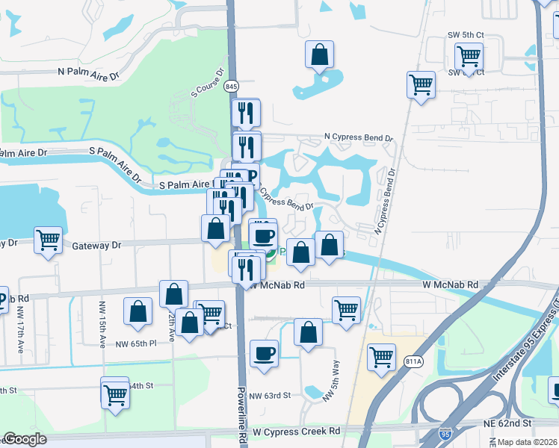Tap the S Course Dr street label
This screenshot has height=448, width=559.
[209, 84]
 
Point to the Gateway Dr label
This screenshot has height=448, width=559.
[96, 245]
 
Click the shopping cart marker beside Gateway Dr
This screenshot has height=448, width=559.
[49, 240]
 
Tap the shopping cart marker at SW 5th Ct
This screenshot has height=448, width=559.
[469, 56]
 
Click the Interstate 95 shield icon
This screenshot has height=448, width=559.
[446, 434]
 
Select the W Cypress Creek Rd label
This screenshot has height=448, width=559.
[296, 432]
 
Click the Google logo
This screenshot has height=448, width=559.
[25, 439]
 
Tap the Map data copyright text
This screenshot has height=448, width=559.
[527, 442]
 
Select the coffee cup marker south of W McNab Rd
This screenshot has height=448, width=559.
[263, 353]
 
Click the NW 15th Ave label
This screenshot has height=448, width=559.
[102, 323]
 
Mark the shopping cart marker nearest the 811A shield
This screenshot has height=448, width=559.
[381, 357]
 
